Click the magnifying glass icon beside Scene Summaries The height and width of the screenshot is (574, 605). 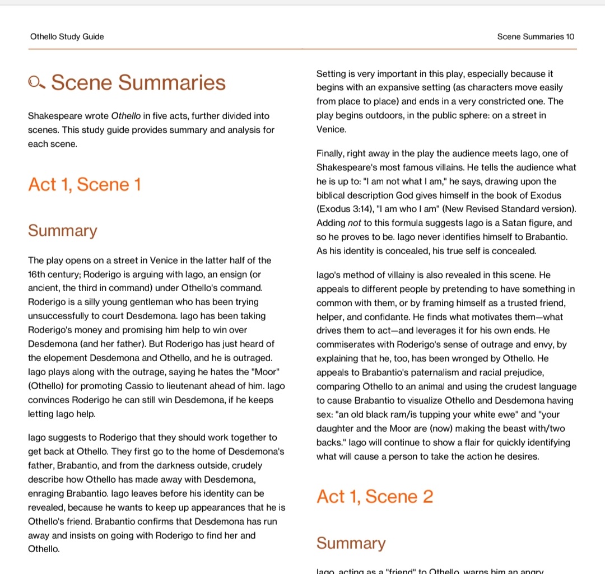(36, 83)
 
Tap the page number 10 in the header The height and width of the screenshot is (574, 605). (570, 37)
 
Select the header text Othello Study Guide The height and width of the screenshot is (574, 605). (67, 37)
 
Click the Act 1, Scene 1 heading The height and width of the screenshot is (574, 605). (85, 184)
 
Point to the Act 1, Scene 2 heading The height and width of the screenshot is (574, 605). (374, 497)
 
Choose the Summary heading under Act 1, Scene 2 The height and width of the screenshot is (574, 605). (351, 543)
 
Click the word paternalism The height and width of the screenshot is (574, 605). (436, 373)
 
